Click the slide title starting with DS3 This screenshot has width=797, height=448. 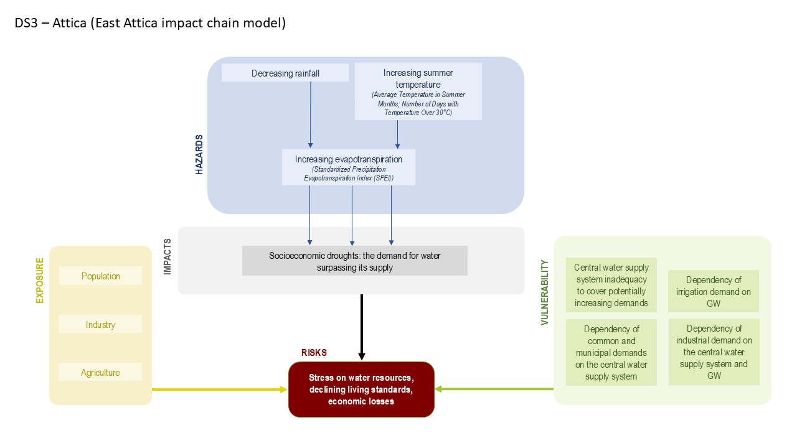tap(150, 24)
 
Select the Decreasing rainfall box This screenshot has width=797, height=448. tap(285, 73)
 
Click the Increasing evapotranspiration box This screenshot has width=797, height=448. tap(348, 167)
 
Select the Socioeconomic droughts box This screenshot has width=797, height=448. tap(354, 261)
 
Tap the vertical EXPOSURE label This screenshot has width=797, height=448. tap(40, 281)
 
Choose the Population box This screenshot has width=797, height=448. tap(100, 276)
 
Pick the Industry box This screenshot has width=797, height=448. tap(100, 324)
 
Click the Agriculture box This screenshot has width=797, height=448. tap(100, 372)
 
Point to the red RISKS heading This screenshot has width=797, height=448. tap(314, 353)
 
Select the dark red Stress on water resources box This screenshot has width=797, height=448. tap(361, 390)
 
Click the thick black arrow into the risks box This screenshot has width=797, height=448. tap(361, 327)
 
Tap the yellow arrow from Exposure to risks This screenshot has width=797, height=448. tap(218, 390)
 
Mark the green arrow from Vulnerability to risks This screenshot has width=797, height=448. tap(495, 389)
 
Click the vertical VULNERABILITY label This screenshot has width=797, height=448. tap(544, 292)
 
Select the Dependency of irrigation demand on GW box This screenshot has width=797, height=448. tap(714, 292)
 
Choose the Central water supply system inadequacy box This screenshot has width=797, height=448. tap(611, 286)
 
